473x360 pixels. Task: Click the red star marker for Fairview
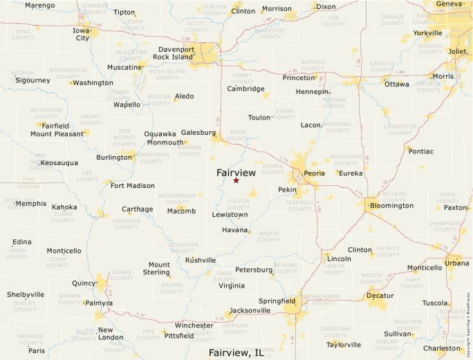[236, 180]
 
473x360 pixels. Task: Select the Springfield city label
[277, 301]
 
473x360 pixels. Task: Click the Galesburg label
[198, 132]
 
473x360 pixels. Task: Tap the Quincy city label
[84, 283]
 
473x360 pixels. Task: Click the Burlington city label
[113, 157]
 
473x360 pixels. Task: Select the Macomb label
[181, 211]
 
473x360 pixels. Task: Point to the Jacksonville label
[250, 310]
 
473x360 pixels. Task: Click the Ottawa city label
[397, 84]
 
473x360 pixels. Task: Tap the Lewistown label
[230, 215]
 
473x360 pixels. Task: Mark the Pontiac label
[420, 151]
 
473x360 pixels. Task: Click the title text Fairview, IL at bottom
[236, 352]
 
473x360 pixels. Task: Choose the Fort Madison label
[132, 185]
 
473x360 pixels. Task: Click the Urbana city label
[456, 263]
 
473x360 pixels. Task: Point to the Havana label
[235, 230]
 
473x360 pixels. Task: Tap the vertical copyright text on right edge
[468, 325]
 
